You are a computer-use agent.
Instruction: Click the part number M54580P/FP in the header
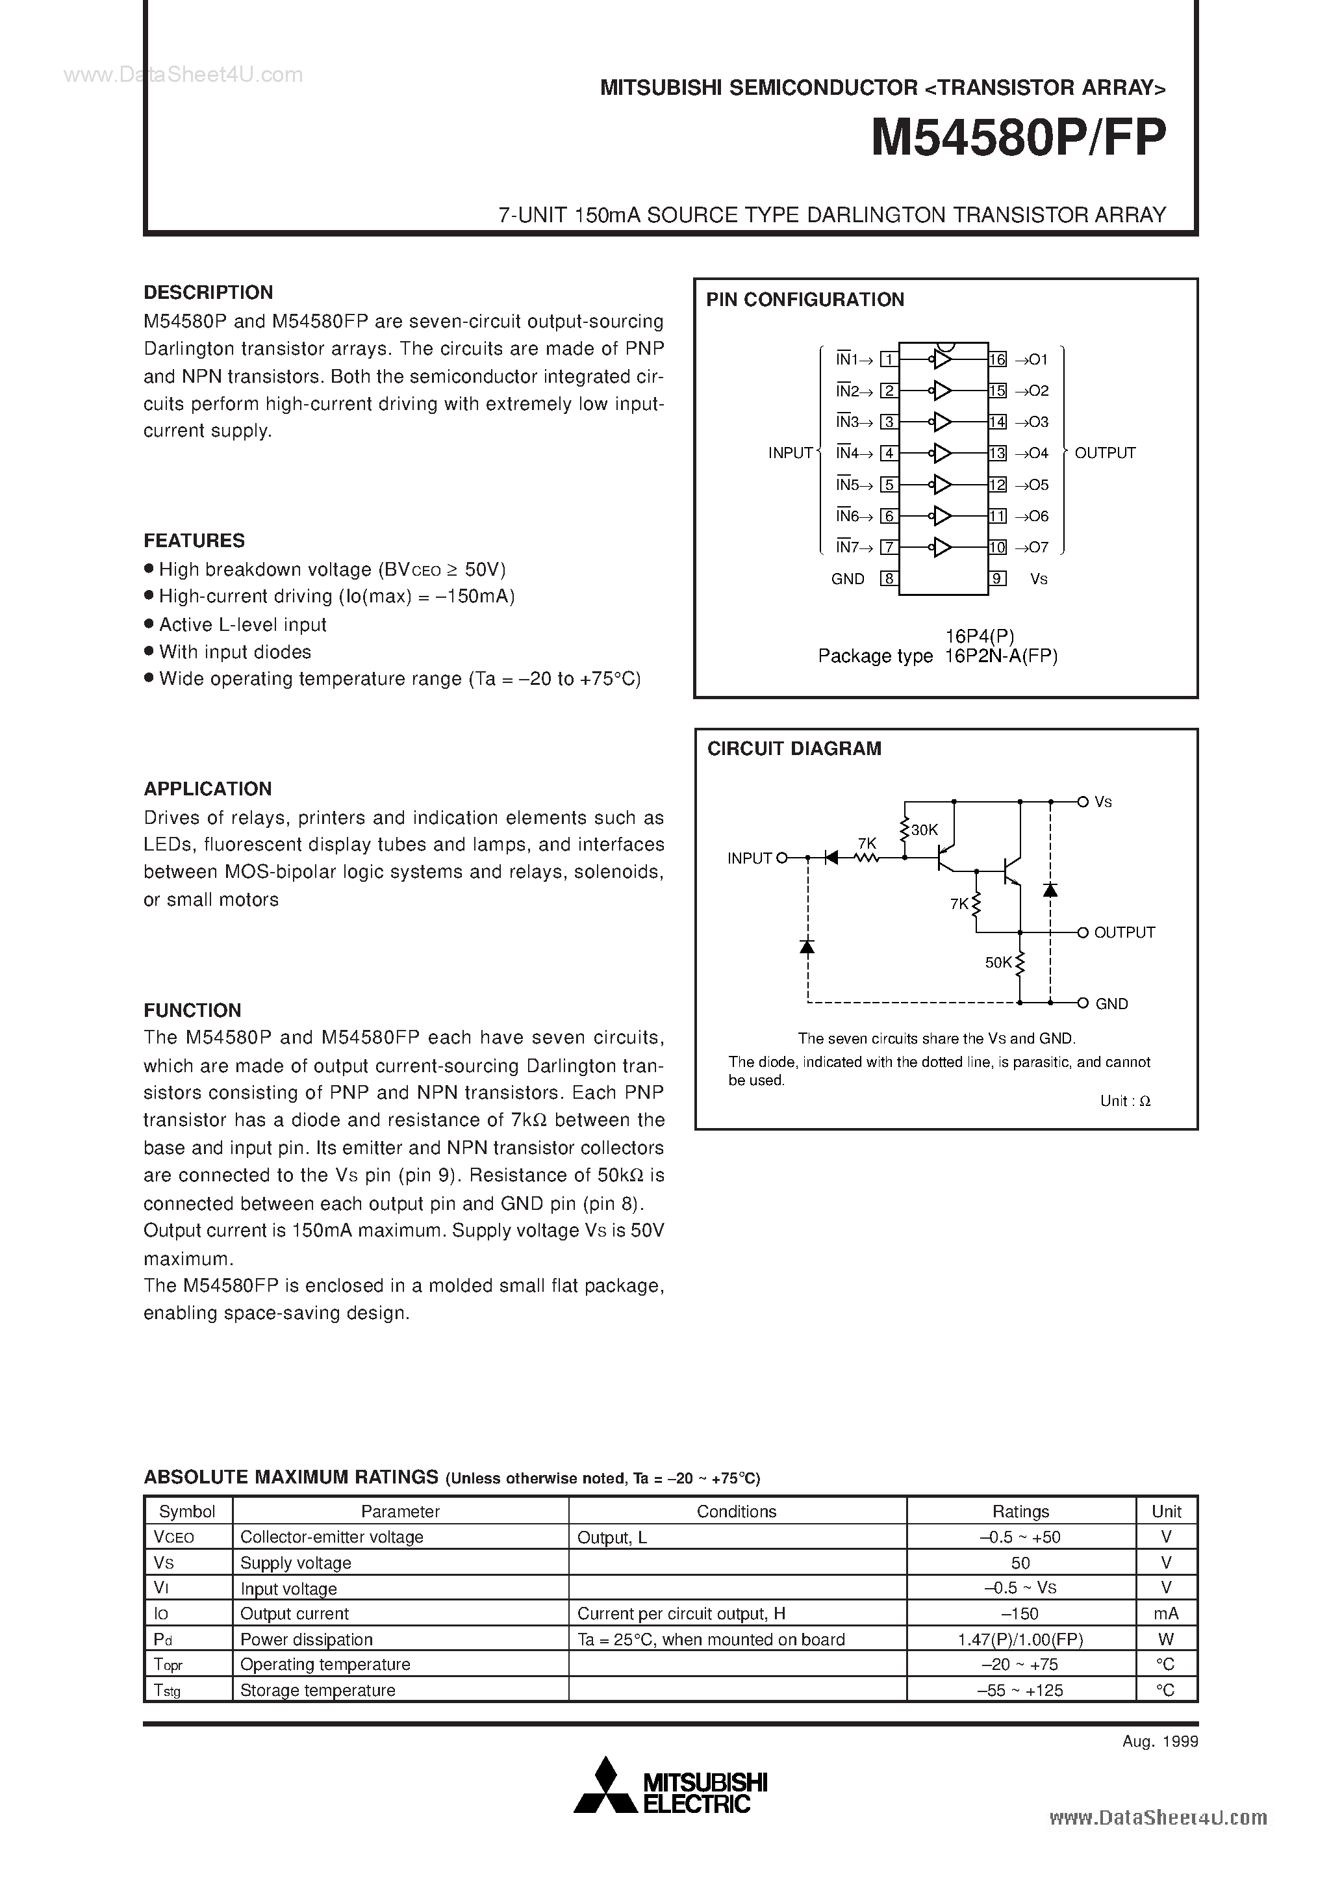coord(1019,138)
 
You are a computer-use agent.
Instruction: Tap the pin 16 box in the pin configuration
coord(998,360)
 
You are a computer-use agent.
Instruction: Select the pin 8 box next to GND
coord(889,578)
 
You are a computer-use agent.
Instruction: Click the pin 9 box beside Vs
coord(998,578)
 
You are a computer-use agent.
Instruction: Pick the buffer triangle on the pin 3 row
coord(942,422)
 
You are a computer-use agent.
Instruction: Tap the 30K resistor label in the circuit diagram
coord(924,829)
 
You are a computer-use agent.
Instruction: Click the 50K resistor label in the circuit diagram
coord(998,962)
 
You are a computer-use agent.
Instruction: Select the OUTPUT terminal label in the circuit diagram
coord(1124,932)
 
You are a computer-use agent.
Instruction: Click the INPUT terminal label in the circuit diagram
coord(750,859)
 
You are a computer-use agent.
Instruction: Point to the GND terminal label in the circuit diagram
coord(1111,1004)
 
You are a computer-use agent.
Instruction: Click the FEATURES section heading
coord(194,541)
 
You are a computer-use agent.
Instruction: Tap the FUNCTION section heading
coord(193,1010)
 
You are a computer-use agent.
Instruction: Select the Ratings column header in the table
coord(1020,1511)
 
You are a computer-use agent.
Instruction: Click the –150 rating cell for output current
coord(1020,1613)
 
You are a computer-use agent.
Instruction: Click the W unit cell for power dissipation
coord(1166,1639)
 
